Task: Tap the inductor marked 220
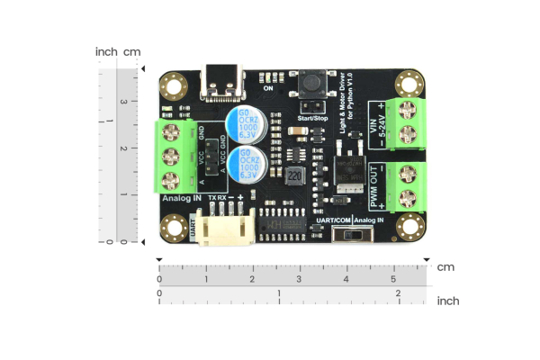click(293, 175)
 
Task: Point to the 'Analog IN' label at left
click(181, 197)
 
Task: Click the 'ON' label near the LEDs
click(268, 89)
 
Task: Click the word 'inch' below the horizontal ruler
click(447, 301)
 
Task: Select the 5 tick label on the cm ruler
click(393, 280)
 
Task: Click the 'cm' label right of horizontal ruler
click(445, 267)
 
